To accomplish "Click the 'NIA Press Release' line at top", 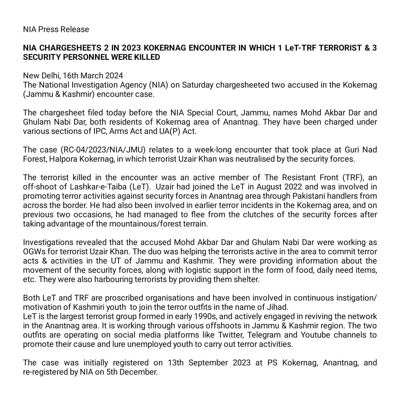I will coord(56,29).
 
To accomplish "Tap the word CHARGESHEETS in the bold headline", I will coord(66,48).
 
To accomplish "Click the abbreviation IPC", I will coord(93,131).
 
